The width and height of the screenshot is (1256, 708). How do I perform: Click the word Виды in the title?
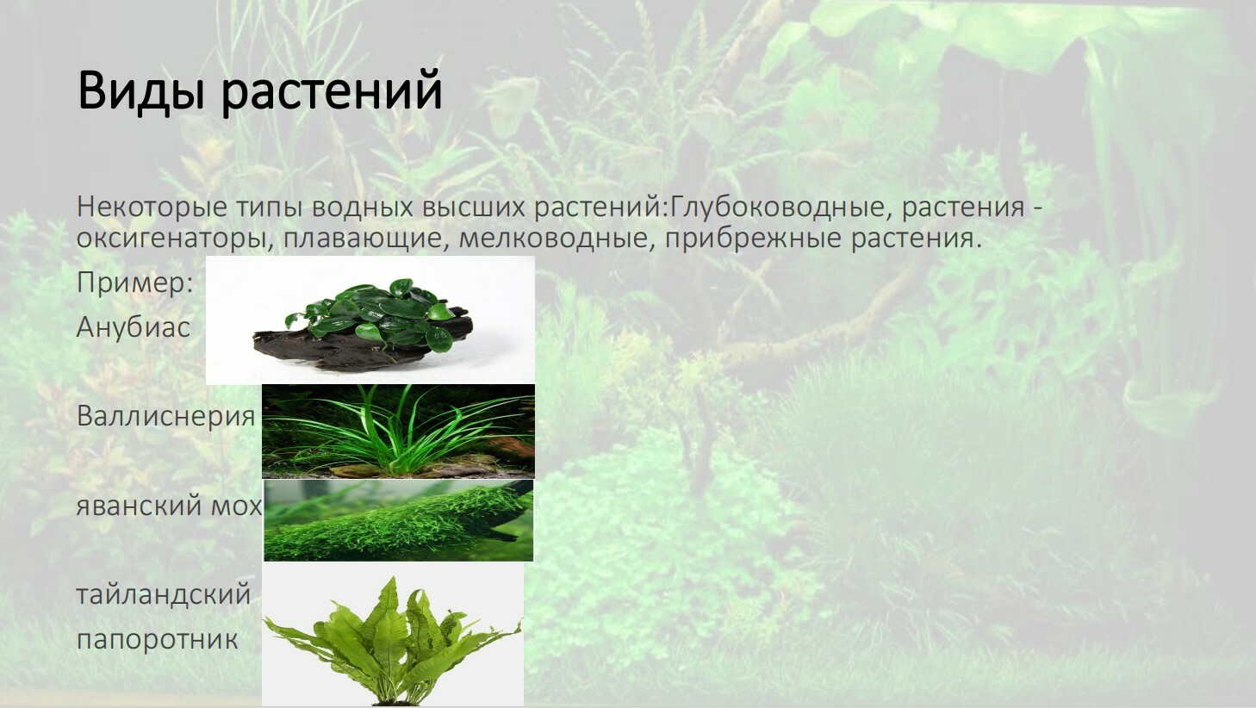point(140,90)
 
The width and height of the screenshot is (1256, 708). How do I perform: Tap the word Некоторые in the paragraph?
point(152,207)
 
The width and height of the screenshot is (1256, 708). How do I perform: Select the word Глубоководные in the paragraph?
point(778,208)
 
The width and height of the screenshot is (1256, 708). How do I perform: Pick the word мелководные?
point(556,239)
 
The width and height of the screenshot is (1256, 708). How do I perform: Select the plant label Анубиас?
point(134,326)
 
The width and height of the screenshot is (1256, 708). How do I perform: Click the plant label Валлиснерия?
point(166,417)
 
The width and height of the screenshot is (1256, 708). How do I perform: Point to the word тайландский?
point(164,594)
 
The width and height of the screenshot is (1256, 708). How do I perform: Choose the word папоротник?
point(158,640)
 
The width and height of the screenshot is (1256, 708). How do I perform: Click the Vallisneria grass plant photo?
point(398,431)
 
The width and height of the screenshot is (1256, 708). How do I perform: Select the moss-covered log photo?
point(398,520)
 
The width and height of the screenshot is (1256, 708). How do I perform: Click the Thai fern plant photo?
point(393,635)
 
